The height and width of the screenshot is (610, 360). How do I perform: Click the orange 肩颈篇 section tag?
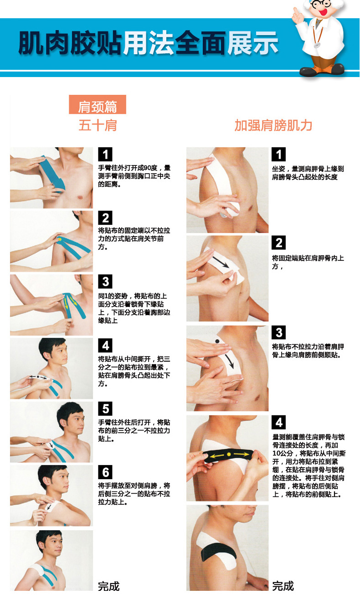pos(97,106)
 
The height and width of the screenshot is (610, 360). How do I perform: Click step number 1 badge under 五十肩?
pos(105,154)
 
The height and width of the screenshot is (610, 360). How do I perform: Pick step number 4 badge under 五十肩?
pos(105,345)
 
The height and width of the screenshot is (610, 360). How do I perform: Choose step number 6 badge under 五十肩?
pos(105,472)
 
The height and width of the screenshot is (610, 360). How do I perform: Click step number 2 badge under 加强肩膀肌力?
pos(279,243)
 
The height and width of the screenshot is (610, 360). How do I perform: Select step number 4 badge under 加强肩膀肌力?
pos(279,422)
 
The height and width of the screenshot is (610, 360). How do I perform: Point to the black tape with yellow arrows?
pos(228,455)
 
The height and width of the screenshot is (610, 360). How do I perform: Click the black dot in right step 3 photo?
pos(217,341)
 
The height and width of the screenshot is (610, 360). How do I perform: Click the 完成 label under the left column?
pos(109,586)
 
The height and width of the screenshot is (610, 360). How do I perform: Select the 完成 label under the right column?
pos(283,586)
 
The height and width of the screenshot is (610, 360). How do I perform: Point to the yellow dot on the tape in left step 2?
pos(60,238)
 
